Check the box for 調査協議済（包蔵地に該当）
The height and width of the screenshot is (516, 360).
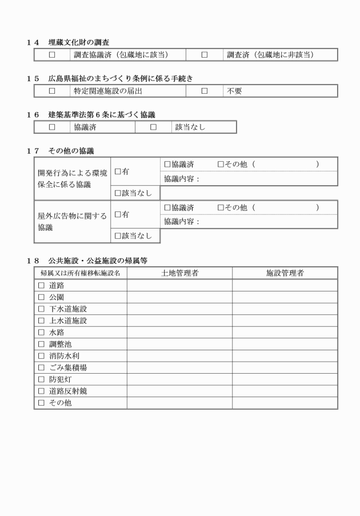(x=52, y=55)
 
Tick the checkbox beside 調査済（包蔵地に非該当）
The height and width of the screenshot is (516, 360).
(x=205, y=55)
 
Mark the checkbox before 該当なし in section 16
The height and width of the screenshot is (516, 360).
(x=153, y=127)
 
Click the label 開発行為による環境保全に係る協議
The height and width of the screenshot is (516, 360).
(x=71, y=179)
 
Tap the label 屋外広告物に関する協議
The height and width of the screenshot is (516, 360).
(x=71, y=221)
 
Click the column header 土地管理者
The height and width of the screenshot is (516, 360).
(x=179, y=273)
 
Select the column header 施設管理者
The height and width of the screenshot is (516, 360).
(x=285, y=273)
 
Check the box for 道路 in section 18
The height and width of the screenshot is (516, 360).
(x=41, y=285)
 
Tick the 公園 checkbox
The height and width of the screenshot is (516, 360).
(x=41, y=297)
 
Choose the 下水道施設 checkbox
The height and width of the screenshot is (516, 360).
(x=41, y=309)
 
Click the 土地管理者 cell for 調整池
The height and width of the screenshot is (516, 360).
(x=179, y=344)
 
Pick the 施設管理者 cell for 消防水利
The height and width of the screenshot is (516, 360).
(x=285, y=356)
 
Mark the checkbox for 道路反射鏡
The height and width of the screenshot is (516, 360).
(x=41, y=391)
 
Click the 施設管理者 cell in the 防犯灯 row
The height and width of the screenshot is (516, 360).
(x=285, y=379)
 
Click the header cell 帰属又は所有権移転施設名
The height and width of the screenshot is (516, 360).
(x=80, y=273)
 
